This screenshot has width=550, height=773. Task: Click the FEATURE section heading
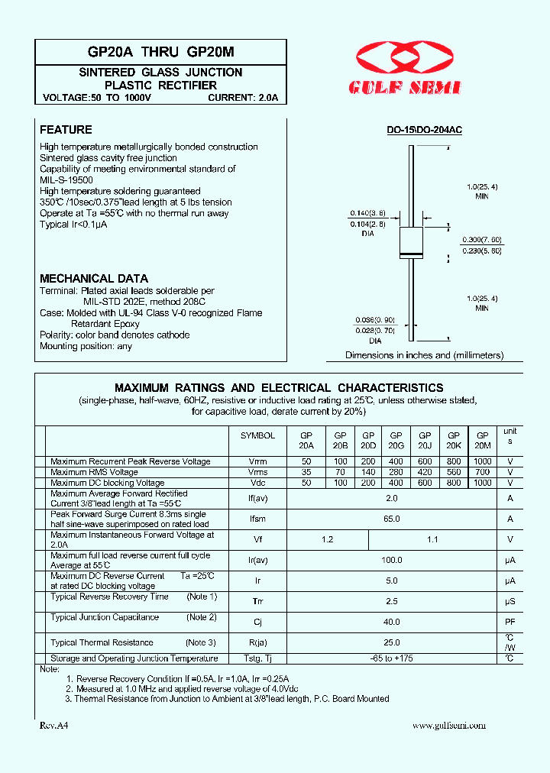click(66, 130)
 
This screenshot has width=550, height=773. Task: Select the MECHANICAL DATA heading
click(94, 279)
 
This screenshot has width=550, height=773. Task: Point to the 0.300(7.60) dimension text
click(481, 239)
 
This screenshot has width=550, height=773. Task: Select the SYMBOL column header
click(257, 435)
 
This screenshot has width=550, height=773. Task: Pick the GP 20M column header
click(482, 440)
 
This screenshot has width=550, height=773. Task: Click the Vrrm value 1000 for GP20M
click(482, 462)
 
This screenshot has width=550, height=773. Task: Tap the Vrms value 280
click(396, 473)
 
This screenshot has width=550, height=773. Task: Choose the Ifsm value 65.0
click(392, 519)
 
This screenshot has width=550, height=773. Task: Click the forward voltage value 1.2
click(327, 539)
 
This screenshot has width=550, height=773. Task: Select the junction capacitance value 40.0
click(392, 622)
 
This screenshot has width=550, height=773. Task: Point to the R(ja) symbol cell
click(257, 642)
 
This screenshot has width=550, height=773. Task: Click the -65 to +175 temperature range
click(392, 658)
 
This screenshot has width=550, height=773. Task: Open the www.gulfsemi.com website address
click(448, 726)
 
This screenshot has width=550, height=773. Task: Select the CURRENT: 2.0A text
click(244, 99)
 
